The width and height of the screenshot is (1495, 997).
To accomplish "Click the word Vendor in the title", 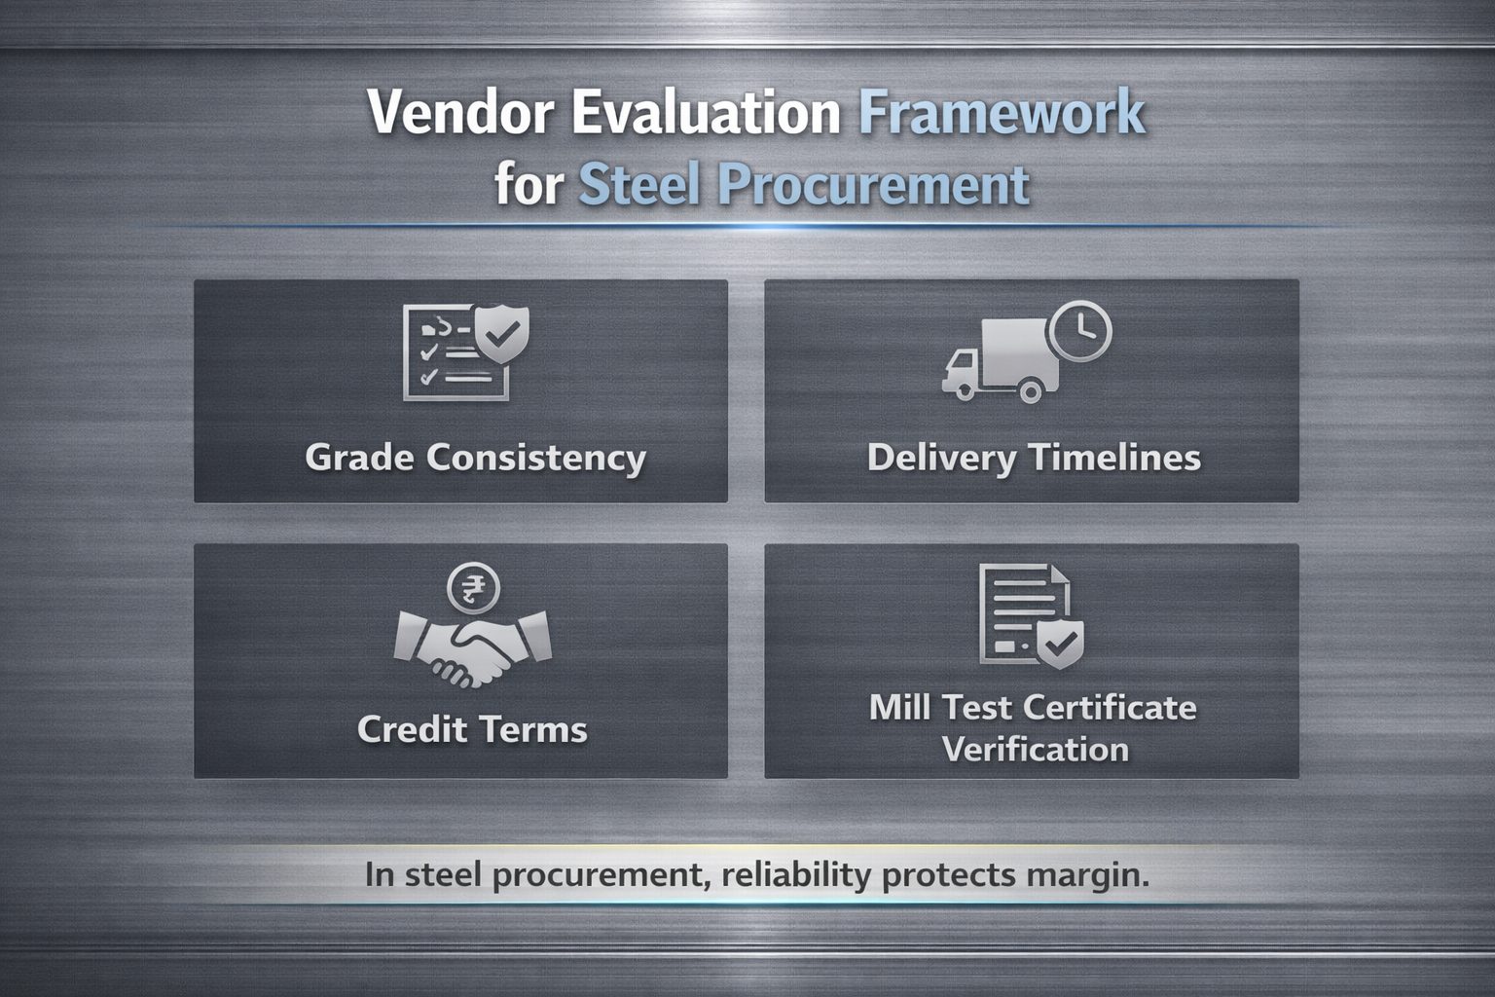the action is click(x=461, y=112).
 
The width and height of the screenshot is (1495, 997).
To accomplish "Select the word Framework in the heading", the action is click(x=1002, y=111).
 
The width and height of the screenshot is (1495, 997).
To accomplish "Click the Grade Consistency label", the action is click(x=476, y=459).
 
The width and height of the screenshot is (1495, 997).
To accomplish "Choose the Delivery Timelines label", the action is click(x=1034, y=459).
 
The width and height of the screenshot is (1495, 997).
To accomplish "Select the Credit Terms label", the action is click(x=472, y=728).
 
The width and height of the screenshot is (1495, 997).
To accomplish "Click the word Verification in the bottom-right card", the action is click(x=1036, y=750).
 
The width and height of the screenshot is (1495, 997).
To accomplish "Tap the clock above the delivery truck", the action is click(x=1080, y=331).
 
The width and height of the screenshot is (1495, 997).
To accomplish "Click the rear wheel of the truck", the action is click(x=1030, y=390).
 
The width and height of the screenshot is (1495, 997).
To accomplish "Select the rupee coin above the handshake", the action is click(x=473, y=588).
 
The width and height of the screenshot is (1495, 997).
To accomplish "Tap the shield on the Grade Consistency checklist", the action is click(x=502, y=333).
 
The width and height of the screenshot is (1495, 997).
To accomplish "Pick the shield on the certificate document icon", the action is click(x=1060, y=644).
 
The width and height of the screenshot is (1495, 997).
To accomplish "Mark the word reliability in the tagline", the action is click(x=796, y=874).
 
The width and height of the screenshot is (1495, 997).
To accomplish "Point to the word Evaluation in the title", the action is click(x=706, y=112).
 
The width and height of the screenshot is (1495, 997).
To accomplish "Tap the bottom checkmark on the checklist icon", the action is click(x=428, y=378).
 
